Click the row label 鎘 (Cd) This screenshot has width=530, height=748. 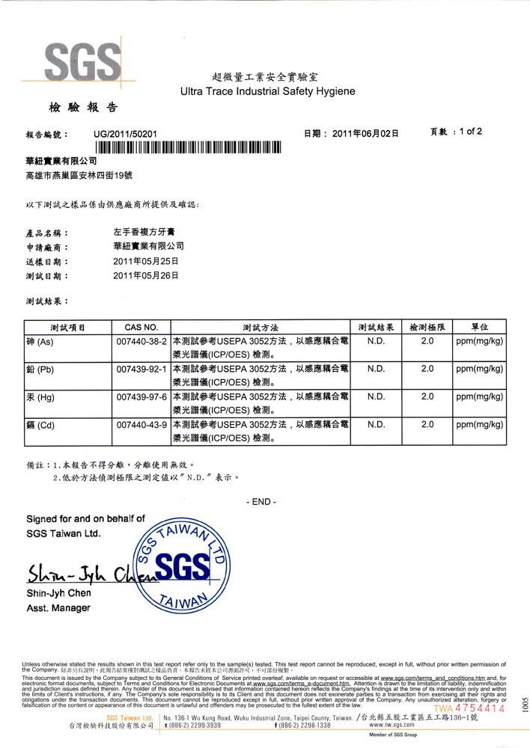[x=40, y=424]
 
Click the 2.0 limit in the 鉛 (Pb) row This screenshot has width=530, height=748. [x=427, y=369]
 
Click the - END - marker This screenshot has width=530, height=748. [x=261, y=502]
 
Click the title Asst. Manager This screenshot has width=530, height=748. [x=58, y=608]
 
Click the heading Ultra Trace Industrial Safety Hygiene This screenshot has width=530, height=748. [x=268, y=91]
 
